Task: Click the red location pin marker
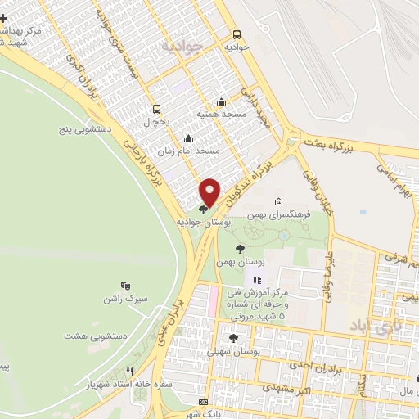210,191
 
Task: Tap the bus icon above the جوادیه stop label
237,35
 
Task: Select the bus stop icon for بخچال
156,108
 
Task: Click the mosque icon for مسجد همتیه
221,102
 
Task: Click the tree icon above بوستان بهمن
240,249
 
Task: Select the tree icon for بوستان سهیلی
233,337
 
